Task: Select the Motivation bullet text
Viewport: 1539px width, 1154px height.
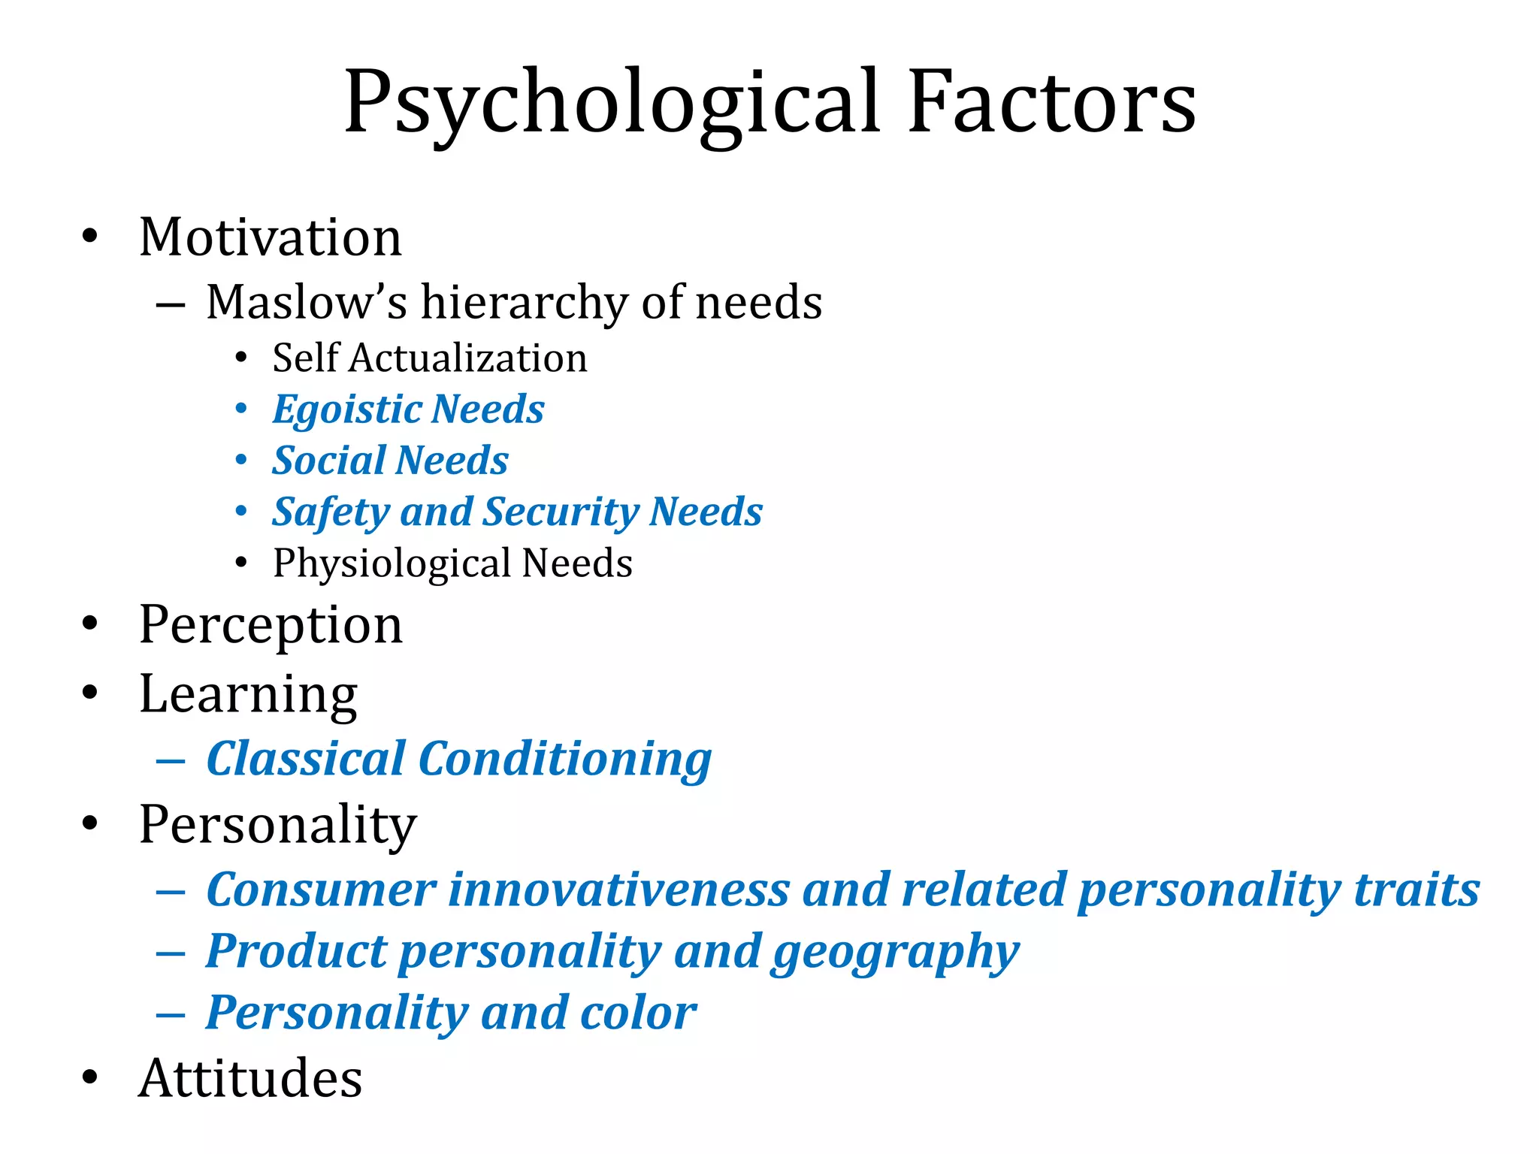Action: (x=271, y=237)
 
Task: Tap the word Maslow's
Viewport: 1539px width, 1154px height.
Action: (x=307, y=302)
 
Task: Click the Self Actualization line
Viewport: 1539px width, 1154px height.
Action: (x=430, y=358)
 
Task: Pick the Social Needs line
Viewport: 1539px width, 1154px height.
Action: (x=390, y=460)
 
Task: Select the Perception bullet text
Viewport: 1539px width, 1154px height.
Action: (x=271, y=625)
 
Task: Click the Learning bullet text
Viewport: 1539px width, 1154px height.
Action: (x=248, y=694)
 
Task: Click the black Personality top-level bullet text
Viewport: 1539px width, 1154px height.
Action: (x=278, y=825)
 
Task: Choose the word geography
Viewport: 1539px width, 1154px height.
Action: (x=895, y=953)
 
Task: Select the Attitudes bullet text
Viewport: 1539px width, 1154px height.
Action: (x=250, y=1078)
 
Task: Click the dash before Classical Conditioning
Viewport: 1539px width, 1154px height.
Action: (x=171, y=762)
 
